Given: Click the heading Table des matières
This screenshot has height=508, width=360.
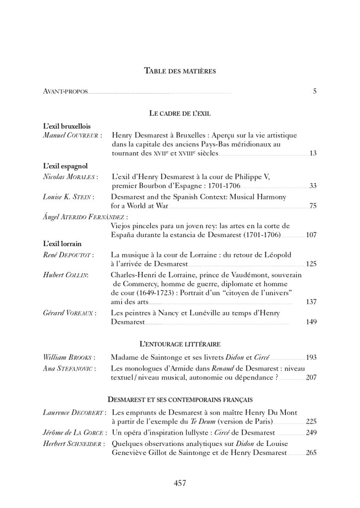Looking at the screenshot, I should (x=180, y=71).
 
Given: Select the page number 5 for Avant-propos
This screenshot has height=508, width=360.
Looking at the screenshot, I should (x=314, y=91).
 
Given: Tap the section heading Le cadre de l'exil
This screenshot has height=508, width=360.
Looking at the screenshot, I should (x=180, y=114).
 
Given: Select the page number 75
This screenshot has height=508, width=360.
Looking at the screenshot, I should (x=313, y=206).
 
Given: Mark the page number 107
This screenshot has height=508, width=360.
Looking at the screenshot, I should (x=311, y=235).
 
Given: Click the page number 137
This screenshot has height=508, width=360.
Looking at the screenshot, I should (x=311, y=302).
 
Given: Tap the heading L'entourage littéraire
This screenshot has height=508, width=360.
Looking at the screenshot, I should (x=180, y=343).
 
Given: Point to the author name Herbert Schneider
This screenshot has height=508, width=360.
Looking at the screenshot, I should (x=73, y=443).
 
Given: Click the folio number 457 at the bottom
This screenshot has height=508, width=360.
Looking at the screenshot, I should (x=180, y=483).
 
